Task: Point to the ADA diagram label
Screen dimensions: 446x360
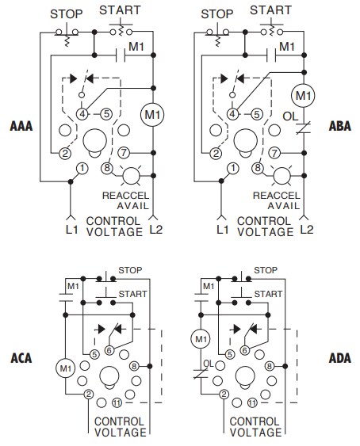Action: (339, 357)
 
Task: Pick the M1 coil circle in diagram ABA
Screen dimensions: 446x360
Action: (301, 97)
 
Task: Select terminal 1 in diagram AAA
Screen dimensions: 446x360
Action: (82, 168)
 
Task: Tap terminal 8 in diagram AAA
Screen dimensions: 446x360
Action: (108, 168)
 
